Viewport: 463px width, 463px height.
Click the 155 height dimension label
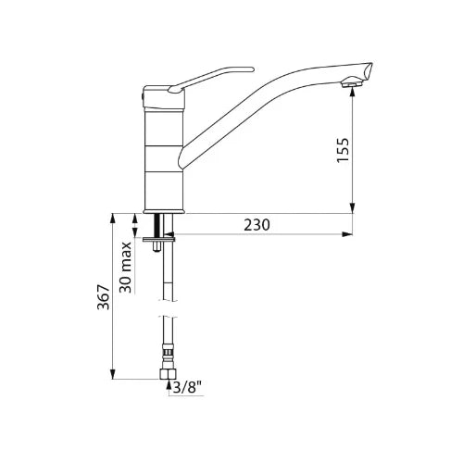coord(343,150)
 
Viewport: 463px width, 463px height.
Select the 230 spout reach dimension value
coord(257,225)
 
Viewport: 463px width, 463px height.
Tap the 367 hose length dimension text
coord(104,297)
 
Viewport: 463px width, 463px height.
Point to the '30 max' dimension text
coord(126,268)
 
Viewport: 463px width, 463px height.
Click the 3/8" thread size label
coord(187,388)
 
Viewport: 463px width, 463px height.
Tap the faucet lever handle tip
coord(251,69)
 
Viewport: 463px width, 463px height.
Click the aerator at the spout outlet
coord(352,82)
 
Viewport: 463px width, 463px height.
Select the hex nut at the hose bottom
coord(168,374)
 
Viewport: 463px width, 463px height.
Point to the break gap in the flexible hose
coord(169,308)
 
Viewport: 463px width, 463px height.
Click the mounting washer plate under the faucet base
coord(159,239)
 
